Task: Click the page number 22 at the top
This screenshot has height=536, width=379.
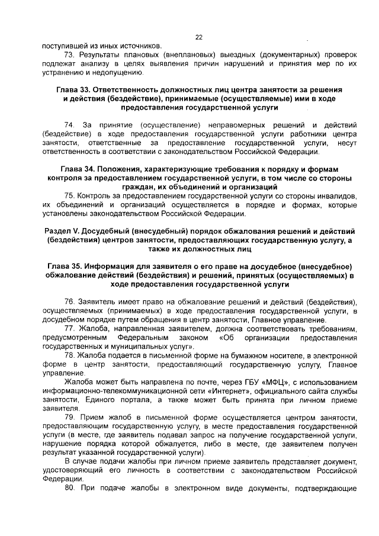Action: click(x=199, y=37)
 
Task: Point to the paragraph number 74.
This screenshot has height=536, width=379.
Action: click(x=69, y=125)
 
